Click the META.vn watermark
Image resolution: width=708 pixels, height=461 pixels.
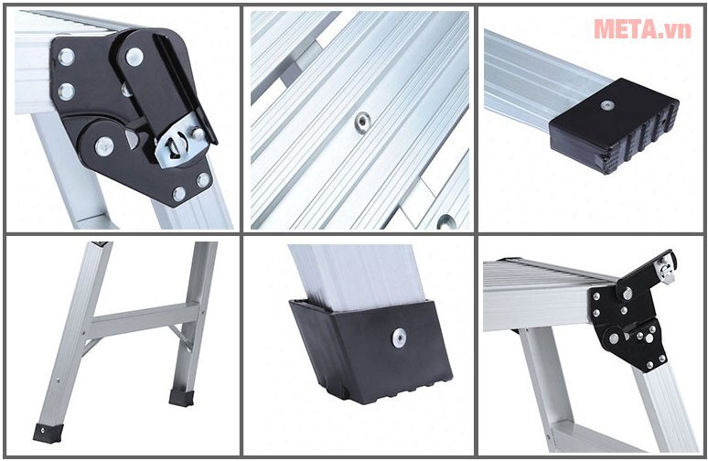point(642,29)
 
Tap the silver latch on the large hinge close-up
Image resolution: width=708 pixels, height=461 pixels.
point(180,144)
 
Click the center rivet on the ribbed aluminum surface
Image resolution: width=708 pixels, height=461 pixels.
point(362,123)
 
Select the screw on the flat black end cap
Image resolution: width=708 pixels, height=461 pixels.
point(607,106)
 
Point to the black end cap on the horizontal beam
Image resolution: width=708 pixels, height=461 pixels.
point(614,126)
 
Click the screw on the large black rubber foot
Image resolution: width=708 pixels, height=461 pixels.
point(399,338)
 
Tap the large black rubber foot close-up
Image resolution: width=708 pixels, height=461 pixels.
point(370,350)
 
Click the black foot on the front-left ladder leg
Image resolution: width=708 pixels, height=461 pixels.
point(48,433)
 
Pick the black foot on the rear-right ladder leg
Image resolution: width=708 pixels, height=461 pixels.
point(182,397)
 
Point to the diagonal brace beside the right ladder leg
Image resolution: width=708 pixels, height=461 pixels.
point(180,337)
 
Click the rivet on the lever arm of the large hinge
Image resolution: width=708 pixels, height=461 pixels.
point(134,57)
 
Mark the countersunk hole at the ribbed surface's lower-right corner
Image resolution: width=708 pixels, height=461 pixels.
point(446,222)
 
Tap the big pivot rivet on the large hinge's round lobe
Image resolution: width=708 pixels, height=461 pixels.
point(104,146)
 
